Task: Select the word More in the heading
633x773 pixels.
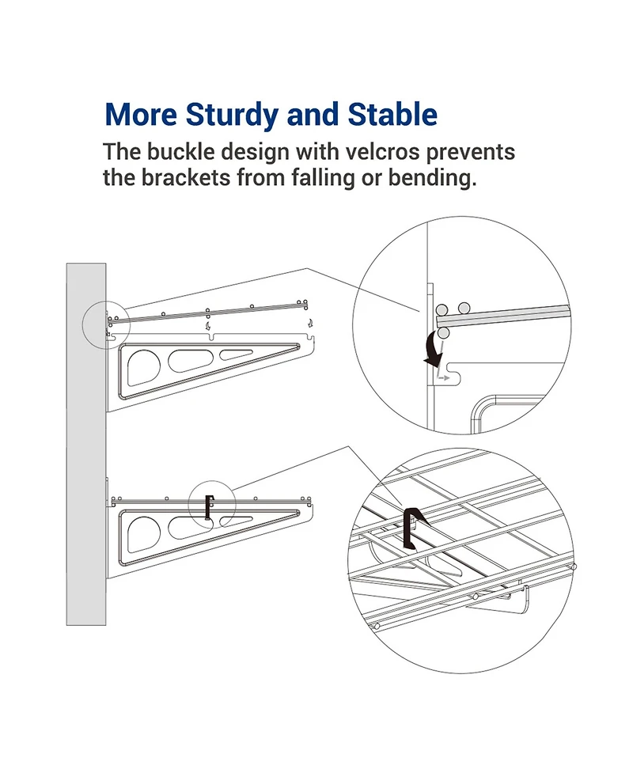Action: pos(140,115)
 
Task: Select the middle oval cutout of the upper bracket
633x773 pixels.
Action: pos(188,360)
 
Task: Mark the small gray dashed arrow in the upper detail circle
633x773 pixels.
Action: pos(445,379)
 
